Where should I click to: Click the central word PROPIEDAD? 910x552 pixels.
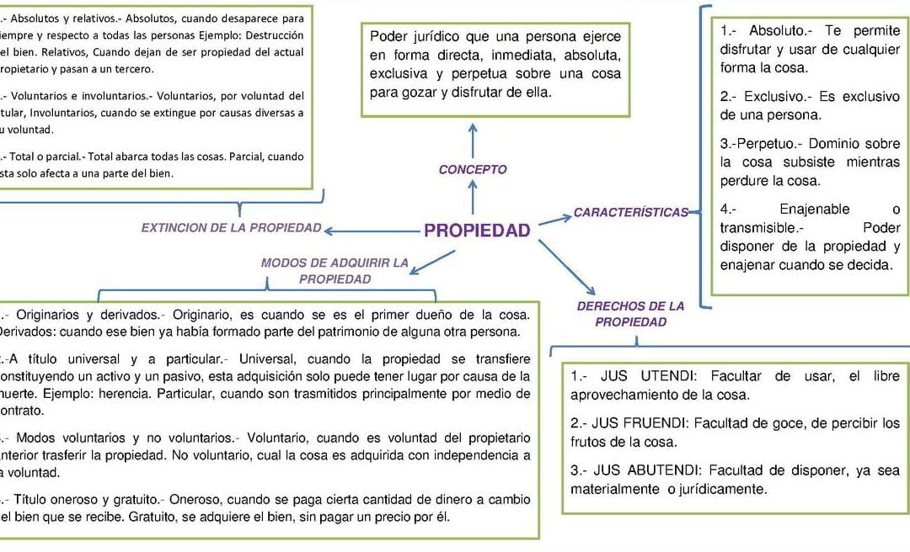(x=477, y=231)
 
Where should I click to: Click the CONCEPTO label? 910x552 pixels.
(x=473, y=170)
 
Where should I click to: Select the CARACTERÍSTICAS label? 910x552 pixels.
(x=631, y=213)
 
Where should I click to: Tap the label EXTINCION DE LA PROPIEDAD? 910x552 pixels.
(x=231, y=228)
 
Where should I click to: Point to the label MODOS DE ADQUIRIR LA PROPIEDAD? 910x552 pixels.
(x=335, y=271)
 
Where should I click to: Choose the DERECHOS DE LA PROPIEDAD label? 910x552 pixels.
(x=630, y=314)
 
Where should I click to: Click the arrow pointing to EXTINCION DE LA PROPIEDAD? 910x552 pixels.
(x=372, y=231)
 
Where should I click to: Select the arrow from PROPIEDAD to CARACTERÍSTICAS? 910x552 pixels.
(x=554, y=220)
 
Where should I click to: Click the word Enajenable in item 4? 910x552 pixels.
(x=814, y=210)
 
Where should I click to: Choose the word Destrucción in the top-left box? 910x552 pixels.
(x=269, y=35)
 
